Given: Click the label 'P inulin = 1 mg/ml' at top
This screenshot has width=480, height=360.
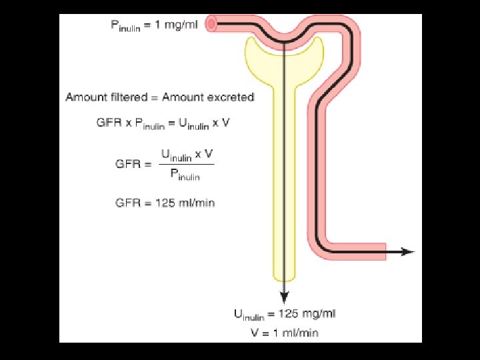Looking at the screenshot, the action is tap(153, 26).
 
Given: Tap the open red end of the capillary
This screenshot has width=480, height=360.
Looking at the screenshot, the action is tap(212, 24).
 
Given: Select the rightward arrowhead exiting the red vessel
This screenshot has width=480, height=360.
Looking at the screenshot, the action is tap(407, 251).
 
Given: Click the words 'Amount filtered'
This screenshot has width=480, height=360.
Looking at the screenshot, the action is tap(107, 97).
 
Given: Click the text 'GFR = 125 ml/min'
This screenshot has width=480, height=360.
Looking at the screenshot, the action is tap(165, 203).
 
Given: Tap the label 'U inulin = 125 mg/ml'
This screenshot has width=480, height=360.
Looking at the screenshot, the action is tap(285, 314).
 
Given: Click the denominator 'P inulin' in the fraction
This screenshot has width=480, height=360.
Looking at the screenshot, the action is tap(185, 175).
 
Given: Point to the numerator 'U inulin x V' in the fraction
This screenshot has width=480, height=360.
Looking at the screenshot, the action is tap(187, 155).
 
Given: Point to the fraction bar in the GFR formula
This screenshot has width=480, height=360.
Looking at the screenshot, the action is tap(187, 165).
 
